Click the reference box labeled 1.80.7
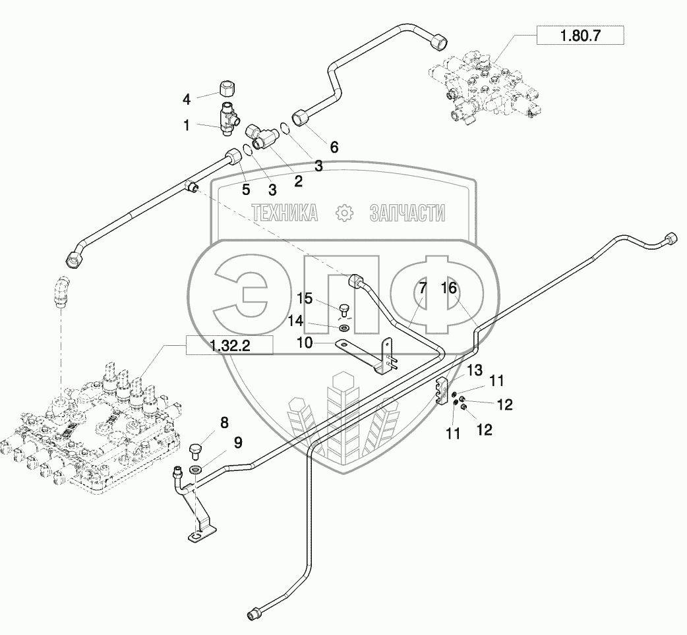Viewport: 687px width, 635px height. pyautogui.click(x=580, y=35)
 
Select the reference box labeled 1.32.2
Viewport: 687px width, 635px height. pyautogui.click(x=230, y=345)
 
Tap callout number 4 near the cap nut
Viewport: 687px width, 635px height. pyautogui.click(x=187, y=99)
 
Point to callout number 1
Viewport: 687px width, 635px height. pyautogui.click(x=187, y=125)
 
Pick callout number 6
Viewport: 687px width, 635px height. pyautogui.click(x=334, y=147)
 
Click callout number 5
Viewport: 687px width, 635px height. pyautogui.click(x=246, y=190)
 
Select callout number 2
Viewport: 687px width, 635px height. pyautogui.click(x=299, y=181)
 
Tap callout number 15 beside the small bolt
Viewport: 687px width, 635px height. pyautogui.click(x=305, y=298)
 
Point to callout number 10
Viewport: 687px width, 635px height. pyautogui.click(x=305, y=343)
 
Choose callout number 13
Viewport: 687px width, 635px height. pyautogui.click(x=475, y=370)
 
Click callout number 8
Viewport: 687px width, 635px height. pyautogui.click(x=224, y=423)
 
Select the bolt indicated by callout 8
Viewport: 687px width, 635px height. pyautogui.click(x=195, y=451)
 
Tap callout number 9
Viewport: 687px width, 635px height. pyautogui.click(x=238, y=443)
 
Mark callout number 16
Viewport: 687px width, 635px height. pyautogui.click(x=449, y=288)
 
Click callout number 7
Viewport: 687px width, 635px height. pyautogui.click(x=423, y=288)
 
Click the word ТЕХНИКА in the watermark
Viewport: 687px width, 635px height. pyautogui.click(x=285, y=213)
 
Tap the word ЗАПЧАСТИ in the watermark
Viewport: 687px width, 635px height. pyautogui.click(x=407, y=213)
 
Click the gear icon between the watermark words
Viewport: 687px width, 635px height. pyautogui.click(x=344, y=213)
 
